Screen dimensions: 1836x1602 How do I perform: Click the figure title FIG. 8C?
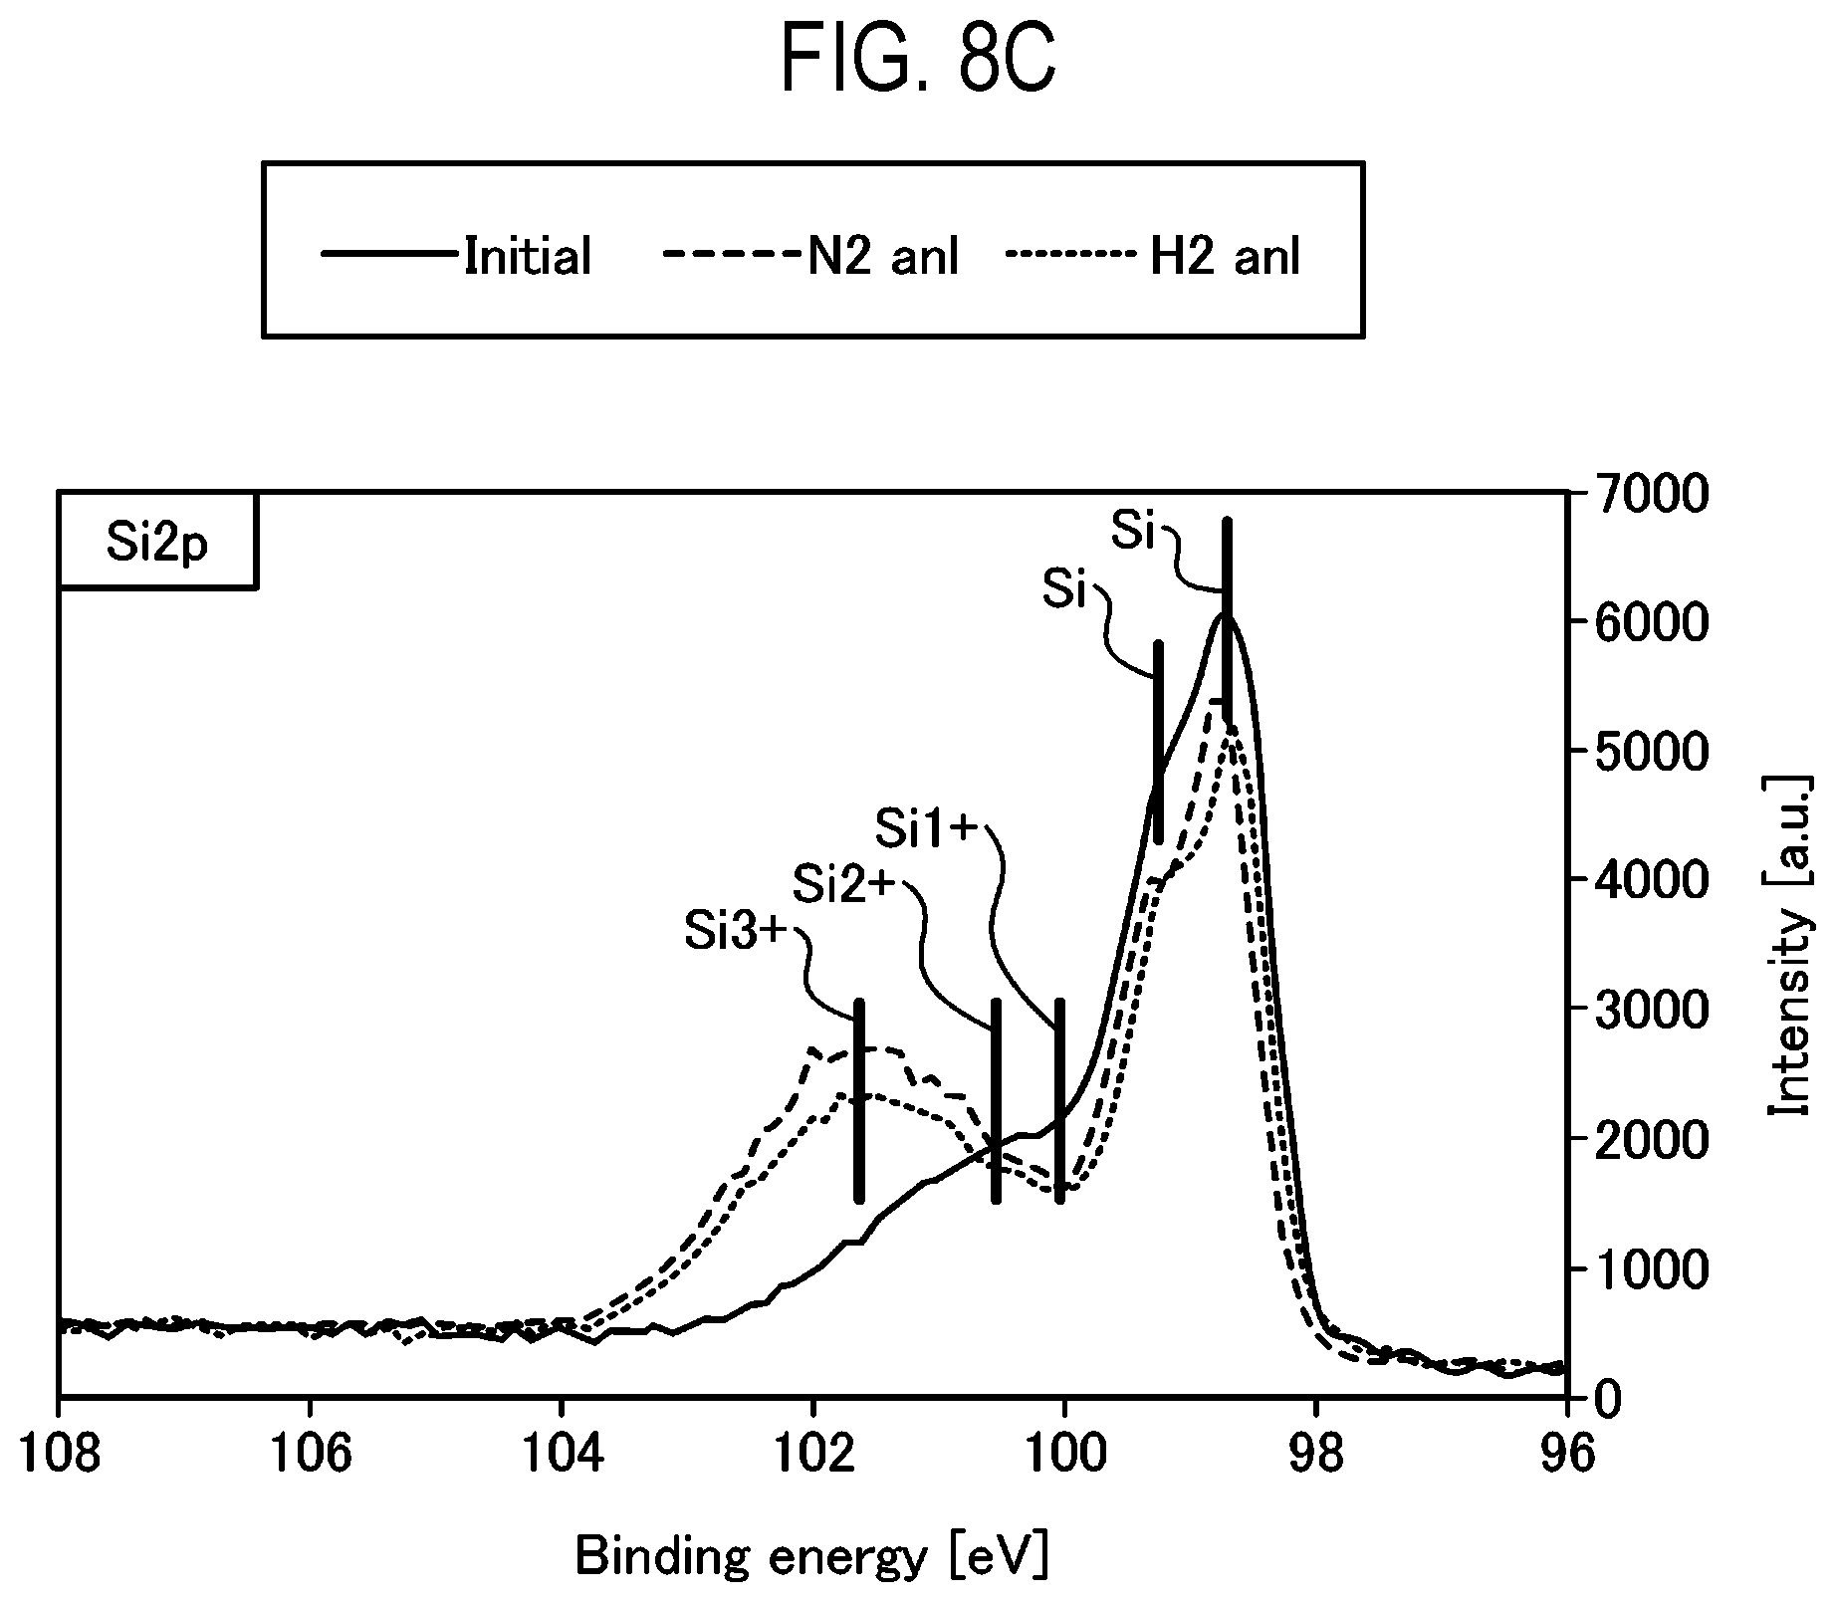(x=917, y=59)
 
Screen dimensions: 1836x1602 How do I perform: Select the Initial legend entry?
(x=457, y=256)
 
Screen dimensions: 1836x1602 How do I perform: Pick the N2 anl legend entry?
(x=810, y=256)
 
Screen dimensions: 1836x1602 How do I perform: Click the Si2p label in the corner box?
(x=158, y=544)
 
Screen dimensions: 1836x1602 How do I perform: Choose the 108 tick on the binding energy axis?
(x=60, y=1453)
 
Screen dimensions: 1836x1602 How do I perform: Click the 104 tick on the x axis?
(x=563, y=1453)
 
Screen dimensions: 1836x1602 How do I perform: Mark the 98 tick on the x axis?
(x=1316, y=1453)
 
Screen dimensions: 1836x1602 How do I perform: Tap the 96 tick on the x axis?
(x=1567, y=1453)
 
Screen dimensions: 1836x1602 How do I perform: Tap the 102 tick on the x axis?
(x=813, y=1453)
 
